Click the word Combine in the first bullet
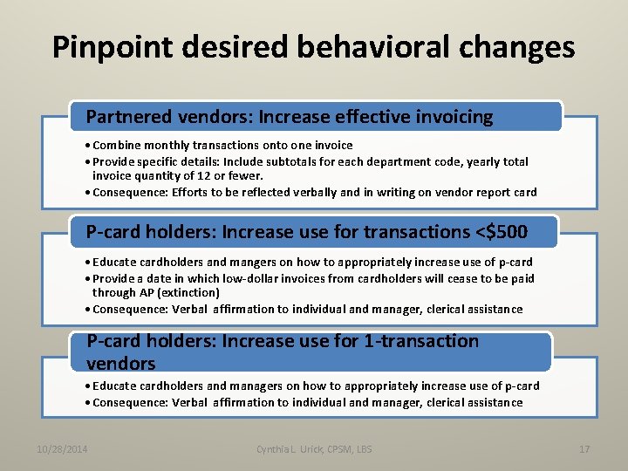tap(115, 146)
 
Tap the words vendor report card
tap(495, 192)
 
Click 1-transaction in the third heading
tap(421, 341)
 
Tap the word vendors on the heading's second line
tap(120, 363)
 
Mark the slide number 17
tap(584, 449)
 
